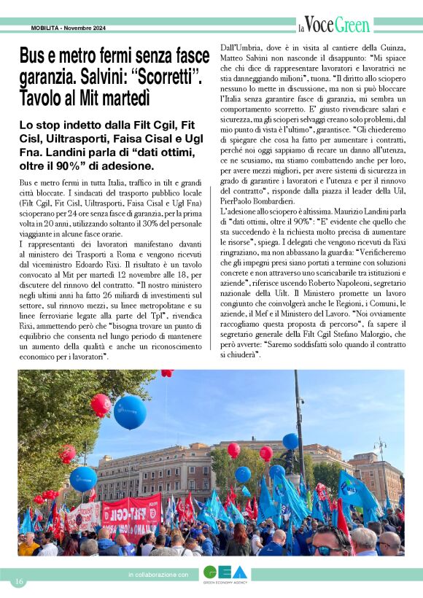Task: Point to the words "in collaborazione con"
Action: point(158,575)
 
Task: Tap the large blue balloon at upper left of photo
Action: point(130,412)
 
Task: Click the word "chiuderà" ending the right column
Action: point(241,356)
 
